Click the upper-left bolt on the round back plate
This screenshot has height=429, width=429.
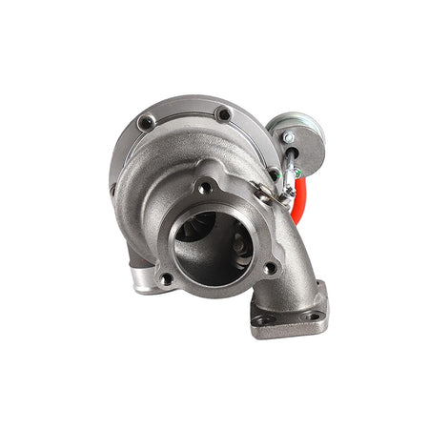tap(146, 122)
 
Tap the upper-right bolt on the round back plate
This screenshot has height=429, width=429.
tap(223, 114)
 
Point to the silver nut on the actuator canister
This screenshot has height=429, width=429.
tap(287, 137)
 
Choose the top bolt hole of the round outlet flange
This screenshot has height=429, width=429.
tap(203, 188)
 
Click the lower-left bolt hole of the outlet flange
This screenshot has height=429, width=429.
tap(165, 278)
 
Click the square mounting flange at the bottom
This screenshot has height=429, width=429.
tap(290, 313)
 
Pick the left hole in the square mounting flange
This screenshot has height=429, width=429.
tap(262, 320)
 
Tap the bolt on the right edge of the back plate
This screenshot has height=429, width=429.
tap(275, 174)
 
